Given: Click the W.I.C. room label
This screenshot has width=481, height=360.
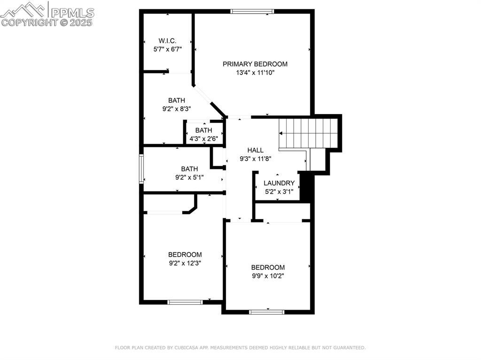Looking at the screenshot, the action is [x=167, y=41].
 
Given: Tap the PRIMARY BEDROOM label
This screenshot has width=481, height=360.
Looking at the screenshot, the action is [x=255, y=64].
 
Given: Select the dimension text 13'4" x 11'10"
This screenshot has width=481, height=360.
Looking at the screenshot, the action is [x=255, y=73].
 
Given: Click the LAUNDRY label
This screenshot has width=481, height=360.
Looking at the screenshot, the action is [x=279, y=183].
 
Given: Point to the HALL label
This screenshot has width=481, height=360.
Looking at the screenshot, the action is [x=255, y=150].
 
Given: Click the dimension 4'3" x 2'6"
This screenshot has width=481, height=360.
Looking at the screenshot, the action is [x=204, y=138].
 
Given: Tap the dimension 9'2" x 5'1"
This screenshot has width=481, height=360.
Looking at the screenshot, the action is [x=189, y=177].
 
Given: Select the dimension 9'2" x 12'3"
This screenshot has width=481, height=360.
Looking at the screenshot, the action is [x=185, y=263].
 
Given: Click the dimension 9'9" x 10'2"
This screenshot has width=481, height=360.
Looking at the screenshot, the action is [x=268, y=276].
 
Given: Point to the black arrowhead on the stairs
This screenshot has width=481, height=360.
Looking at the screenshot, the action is [x=281, y=133].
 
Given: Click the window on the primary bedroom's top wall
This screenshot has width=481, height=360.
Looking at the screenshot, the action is [x=252, y=11].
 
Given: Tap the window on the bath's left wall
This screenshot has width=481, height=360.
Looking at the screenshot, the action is [x=141, y=169].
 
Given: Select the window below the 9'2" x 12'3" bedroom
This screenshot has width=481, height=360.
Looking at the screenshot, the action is [x=185, y=302].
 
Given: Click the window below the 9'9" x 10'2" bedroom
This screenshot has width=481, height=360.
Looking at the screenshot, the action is [x=267, y=312].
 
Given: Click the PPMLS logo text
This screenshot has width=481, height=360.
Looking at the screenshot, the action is [x=72, y=13].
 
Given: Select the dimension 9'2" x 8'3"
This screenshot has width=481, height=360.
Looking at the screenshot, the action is [x=177, y=108].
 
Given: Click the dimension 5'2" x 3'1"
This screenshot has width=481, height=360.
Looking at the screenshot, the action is [x=279, y=191].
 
